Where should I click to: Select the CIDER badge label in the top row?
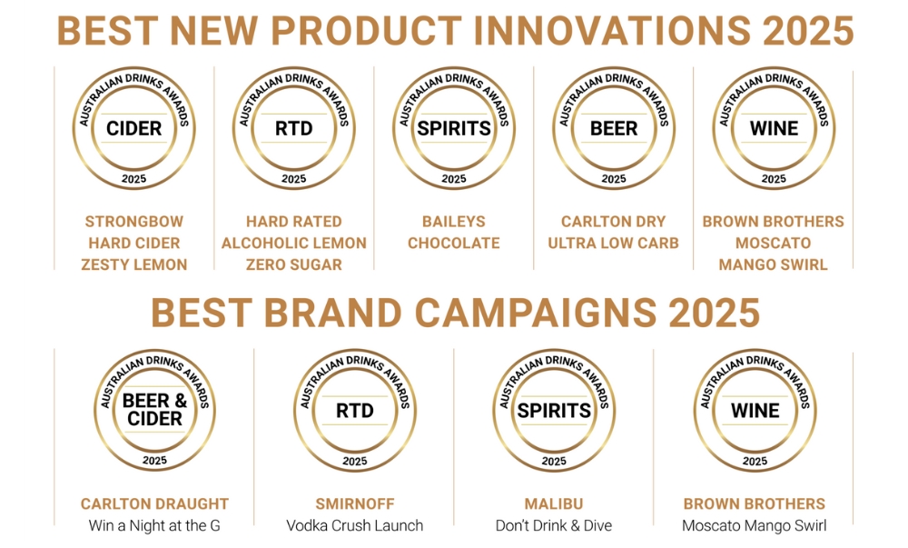133,128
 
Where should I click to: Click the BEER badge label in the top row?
614,128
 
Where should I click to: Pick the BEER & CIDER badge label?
154,410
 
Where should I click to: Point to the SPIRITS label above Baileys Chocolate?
454,128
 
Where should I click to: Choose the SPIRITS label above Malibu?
554,410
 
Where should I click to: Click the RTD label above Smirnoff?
354,410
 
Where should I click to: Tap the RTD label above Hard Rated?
293,128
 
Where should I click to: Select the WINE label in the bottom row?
755,410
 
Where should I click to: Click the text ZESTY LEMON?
134,264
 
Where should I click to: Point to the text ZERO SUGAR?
294,264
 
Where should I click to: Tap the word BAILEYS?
454,222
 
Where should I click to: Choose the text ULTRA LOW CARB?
613,244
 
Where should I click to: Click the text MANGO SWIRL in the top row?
773,264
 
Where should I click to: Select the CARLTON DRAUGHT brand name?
154,504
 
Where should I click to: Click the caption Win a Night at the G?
154,525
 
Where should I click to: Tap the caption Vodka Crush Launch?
354,525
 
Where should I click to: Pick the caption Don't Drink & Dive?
554,525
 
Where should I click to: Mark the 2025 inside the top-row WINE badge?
774,178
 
